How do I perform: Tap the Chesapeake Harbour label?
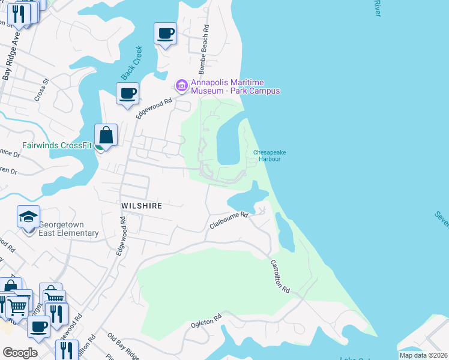click(269, 155)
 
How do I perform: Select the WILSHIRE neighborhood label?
click(142, 205)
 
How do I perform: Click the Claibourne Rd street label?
click(229, 220)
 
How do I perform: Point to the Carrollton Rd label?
click(279, 277)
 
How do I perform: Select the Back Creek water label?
click(131, 63)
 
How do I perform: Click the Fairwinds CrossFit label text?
click(57, 145)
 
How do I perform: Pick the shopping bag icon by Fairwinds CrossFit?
click(106, 135)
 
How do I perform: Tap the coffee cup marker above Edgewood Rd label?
click(127, 94)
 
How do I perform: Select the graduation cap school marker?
click(28, 217)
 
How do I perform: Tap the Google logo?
click(20, 353)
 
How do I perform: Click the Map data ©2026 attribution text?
click(423, 355)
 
